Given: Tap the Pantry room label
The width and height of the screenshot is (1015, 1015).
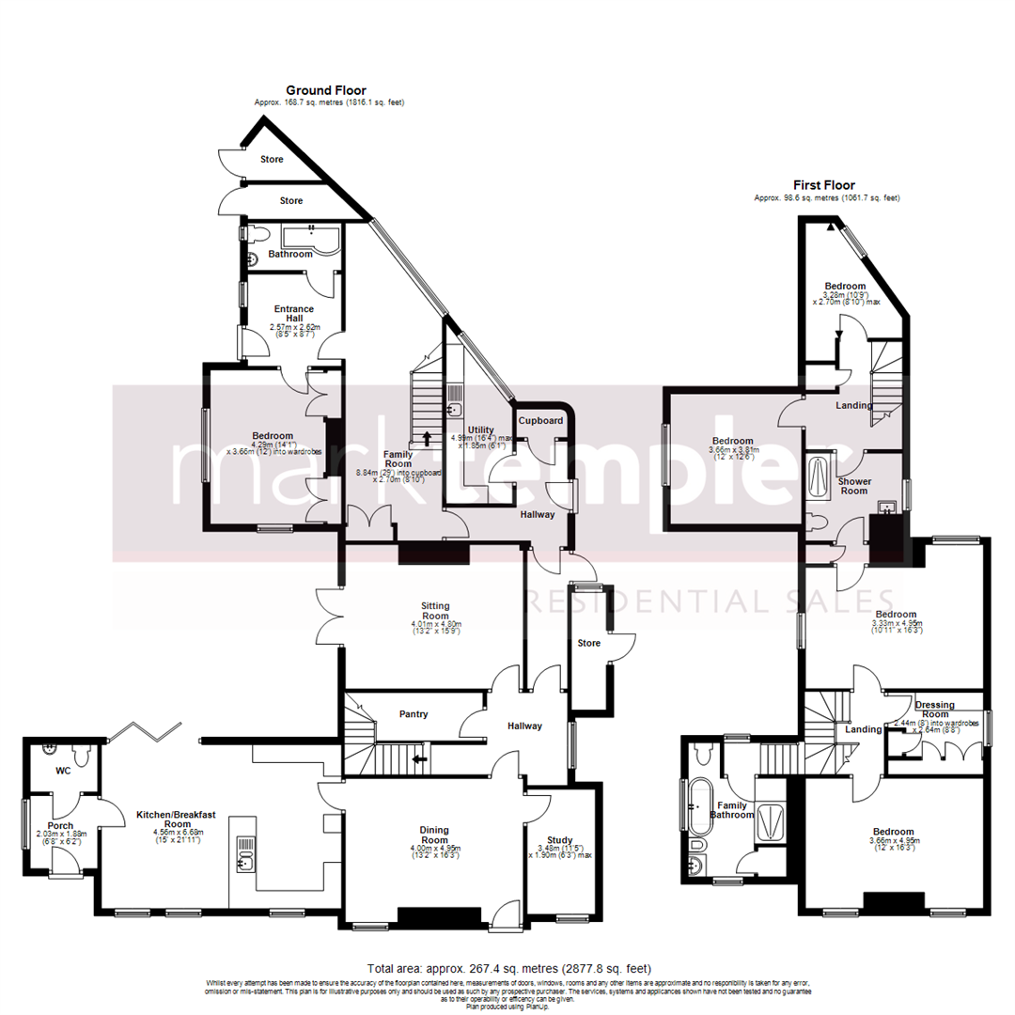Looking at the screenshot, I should [414, 714].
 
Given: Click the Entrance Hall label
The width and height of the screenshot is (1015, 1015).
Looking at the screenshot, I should [294, 313].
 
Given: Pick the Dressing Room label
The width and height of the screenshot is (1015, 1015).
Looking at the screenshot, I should [934, 710].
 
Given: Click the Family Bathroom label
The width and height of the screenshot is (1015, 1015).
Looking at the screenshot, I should [736, 810].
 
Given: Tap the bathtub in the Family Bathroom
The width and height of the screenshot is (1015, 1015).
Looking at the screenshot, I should [697, 806].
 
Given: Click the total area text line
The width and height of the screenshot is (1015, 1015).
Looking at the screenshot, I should [507, 968].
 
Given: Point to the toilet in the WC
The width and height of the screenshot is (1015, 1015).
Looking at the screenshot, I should [86, 754].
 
